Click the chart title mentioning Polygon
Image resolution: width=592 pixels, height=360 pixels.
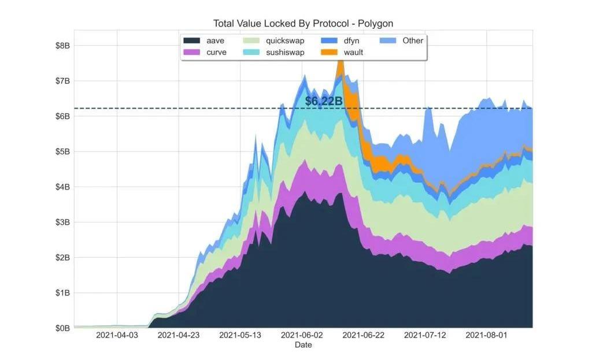304,24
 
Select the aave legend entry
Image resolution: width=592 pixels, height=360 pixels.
215,40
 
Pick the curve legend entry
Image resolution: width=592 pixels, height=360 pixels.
216,52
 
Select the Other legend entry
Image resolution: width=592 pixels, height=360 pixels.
412,40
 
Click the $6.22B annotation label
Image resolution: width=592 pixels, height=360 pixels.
324,101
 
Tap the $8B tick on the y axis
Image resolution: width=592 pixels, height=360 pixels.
62,45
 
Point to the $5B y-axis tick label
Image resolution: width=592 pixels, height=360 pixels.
62,151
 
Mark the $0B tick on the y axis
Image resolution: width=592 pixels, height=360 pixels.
62,328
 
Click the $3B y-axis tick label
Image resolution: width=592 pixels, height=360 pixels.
62,222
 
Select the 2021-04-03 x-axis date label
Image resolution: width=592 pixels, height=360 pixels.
117,335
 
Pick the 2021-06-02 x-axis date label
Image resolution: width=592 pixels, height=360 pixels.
302,335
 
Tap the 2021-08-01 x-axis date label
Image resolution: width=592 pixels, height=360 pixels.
486,335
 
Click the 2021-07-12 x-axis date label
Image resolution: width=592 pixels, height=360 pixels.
425,335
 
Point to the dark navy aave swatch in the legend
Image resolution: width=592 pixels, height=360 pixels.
192,40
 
